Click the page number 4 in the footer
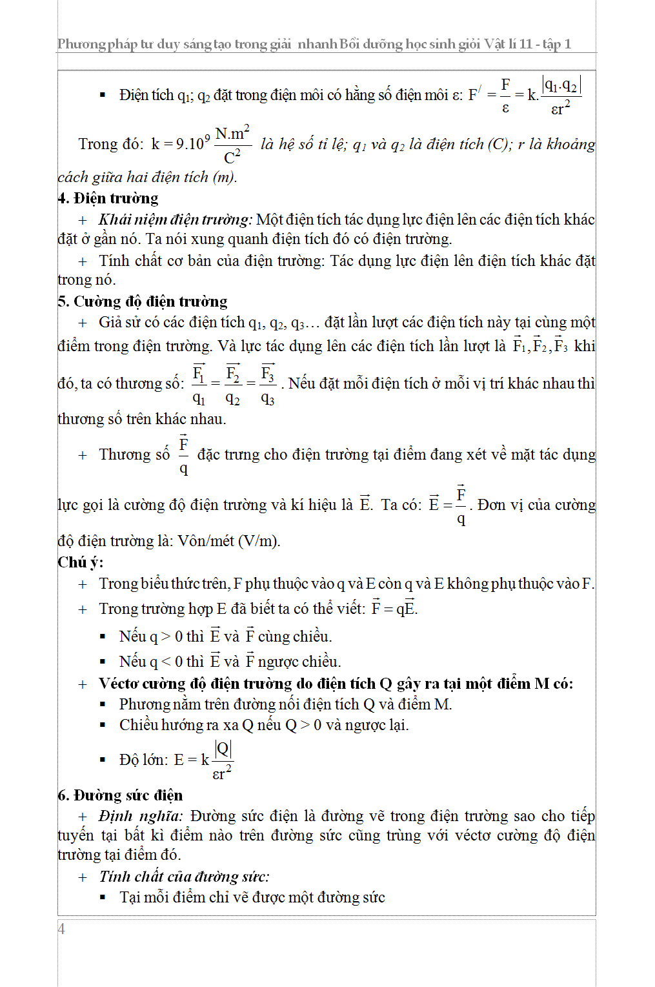[61, 929]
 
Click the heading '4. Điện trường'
[108, 198]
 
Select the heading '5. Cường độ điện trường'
[143, 301]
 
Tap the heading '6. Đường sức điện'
[121, 795]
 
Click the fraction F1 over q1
[199, 384]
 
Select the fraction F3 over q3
[268, 384]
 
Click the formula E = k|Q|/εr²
[203, 760]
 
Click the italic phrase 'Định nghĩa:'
[141, 816]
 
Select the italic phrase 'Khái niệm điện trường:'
[175, 219]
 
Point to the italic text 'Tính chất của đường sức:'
[184, 877]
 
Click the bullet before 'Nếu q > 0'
[103, 636]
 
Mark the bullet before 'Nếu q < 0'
[103, 662]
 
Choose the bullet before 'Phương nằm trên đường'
[103, 704]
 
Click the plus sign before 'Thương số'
[83, 455]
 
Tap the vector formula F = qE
[394, 608]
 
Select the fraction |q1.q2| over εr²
[561, 96]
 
